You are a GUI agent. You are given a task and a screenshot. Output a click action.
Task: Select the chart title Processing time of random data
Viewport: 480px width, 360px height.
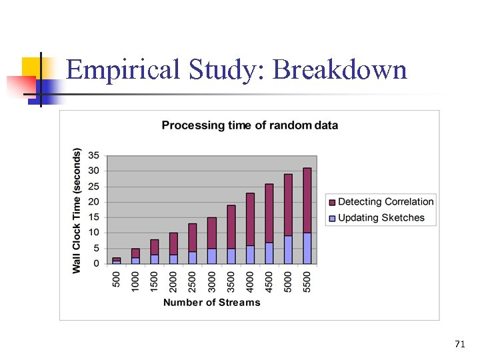click(250, 125)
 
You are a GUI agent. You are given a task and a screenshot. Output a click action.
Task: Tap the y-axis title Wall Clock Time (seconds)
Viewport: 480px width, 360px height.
click(77, 210)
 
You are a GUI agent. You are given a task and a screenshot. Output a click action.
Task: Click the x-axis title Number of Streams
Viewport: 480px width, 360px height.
click(212, 303)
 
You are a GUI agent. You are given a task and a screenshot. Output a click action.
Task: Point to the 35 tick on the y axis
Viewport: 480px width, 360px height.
click(94, 155)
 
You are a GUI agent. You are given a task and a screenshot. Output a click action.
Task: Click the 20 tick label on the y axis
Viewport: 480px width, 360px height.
click(94, 202)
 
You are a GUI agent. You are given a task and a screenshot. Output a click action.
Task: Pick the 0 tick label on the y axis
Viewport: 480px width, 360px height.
click(97, 264)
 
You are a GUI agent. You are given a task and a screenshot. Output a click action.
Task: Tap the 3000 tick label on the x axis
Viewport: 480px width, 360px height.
click(212, 281)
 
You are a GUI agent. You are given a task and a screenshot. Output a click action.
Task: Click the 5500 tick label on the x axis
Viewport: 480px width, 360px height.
click(307, 281)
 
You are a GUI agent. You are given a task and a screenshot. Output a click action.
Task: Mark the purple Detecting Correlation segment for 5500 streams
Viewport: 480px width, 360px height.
click(307, 200)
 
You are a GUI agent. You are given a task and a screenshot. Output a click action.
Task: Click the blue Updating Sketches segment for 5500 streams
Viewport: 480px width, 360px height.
click(307, 249)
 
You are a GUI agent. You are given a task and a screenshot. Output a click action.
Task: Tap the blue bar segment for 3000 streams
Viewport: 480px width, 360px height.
click(212, 257)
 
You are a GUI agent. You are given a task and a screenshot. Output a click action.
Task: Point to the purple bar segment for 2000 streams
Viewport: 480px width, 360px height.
click(174, 243)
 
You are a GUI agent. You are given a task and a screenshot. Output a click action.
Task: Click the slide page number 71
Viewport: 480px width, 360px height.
click(459, 344)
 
